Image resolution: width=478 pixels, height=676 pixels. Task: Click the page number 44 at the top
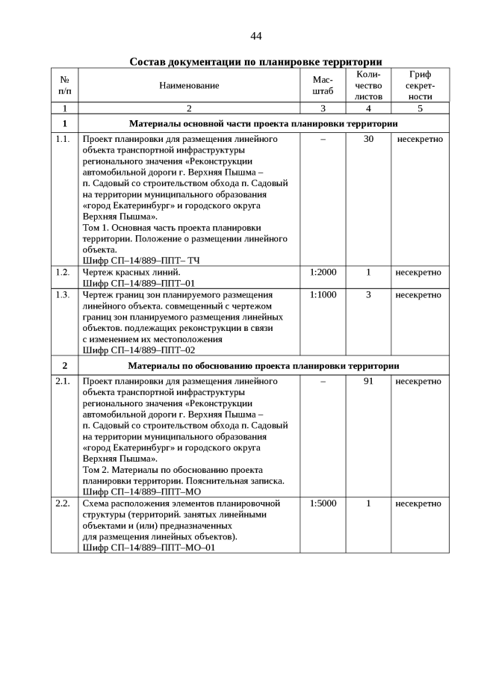coord(256,37)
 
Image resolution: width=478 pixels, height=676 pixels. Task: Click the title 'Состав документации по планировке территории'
coord(256,61)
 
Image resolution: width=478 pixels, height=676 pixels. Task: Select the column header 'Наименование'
coord(189,85)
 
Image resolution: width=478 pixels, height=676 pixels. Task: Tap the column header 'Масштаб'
coord(323,85)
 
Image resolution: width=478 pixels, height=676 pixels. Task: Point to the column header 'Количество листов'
coord(368,85)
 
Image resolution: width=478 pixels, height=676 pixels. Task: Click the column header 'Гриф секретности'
coord(420,85)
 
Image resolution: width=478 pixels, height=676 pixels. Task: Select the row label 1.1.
coord(63,139)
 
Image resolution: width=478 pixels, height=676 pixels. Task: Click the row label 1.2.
coord(63,272)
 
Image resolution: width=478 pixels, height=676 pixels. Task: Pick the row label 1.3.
coord(63,294)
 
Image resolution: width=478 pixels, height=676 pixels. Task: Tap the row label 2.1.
coord(63,381)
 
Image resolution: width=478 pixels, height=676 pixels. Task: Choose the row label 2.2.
coord(63,503)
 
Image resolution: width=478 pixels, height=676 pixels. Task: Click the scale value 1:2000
coord(323,272)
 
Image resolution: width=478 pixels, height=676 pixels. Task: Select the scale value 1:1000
coord(323,294)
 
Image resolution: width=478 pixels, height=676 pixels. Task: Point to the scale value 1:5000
coord(323,503)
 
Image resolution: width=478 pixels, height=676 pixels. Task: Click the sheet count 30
coord(368,139)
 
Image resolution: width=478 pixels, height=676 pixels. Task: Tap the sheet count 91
coord(368,381)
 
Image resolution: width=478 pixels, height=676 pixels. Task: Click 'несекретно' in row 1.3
coord(419,294)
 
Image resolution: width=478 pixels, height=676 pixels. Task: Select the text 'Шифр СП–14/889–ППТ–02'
coord(139,350)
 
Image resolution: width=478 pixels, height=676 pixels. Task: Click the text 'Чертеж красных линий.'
coord(128,272)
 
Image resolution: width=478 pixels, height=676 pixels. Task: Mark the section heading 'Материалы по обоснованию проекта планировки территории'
coord(264,365)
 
